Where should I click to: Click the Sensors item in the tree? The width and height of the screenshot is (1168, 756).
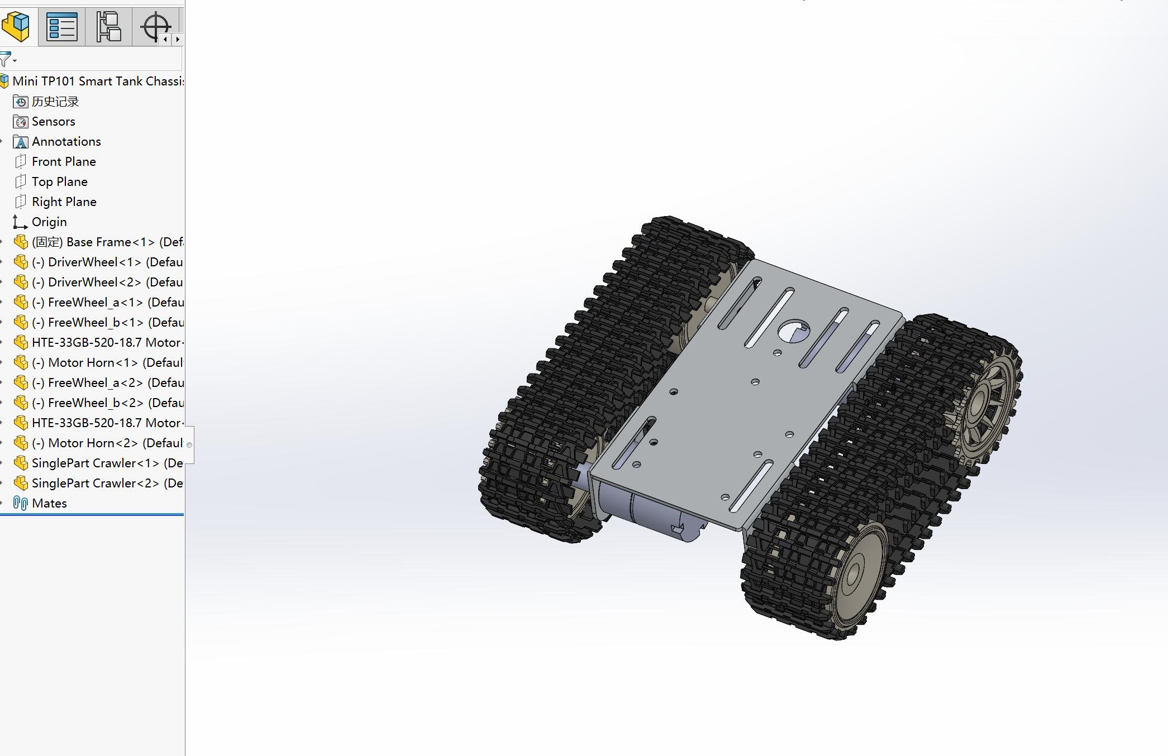(x=53, y=122)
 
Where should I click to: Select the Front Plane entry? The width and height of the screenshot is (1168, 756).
(x=64, y=162)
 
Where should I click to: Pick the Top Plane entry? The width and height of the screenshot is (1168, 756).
(x=59, y=182)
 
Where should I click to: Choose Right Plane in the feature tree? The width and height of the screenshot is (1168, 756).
(x=64, y=202)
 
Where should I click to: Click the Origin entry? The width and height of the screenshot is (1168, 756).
(x=49, y=222)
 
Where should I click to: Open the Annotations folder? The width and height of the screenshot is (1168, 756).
(x=66, y=142)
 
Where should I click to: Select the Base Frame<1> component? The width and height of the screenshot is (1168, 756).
(x=106, y=242)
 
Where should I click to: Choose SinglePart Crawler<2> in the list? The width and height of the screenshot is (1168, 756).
(x=106, y=484)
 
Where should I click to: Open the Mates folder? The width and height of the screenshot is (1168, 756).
(x=49, y=504)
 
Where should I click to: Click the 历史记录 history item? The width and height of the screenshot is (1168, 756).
(x=55, y=102)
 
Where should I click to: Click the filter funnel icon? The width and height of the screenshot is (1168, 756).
(x=6, y=59)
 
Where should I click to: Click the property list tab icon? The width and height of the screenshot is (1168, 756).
(x=61, y=26)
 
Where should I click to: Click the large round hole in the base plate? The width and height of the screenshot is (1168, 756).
(x=793, y=331)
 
